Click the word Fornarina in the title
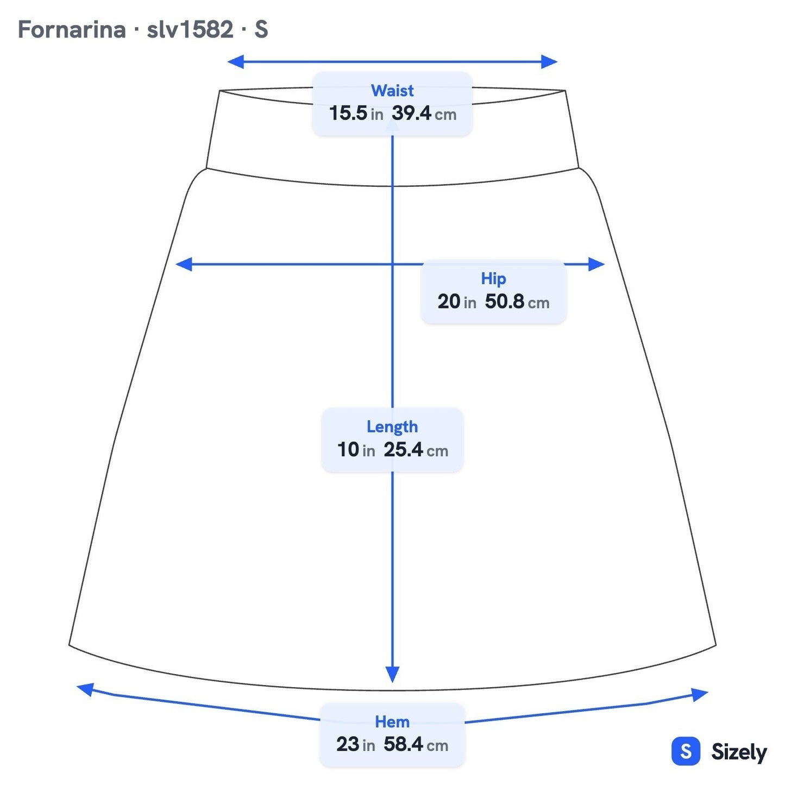pyautogui.click(x=72, y=29)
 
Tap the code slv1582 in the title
pyautogui.click(x=190, y=29)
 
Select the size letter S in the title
pyautogui.click(x=261, y=29)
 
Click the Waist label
pyautogui.click(x=392, y=90)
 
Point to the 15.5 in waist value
pyautogui.click(x=356, y=113)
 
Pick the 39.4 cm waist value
pyautogui.click(x=424, y=113)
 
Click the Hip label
pyautogui.click(x=493, y=279)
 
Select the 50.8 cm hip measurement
pyautogui.click(x=517, y=302)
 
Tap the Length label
pyautogui.click(x=392, y=427)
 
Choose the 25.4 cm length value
pyautogui.click(x=416, y=450)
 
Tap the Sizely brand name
pyautogui.click(x=739, y=752)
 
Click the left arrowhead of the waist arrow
pyautogui.click(x=235, y=62)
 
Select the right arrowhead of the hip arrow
pyautogui.click(x=596, y=264)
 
